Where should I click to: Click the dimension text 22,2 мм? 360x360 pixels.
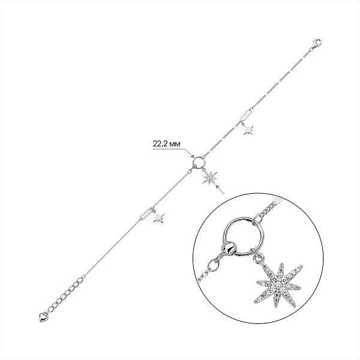click(166, 144)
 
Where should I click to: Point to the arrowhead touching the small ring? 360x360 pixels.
click(192, 156)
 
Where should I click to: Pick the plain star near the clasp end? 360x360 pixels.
click(248, 130)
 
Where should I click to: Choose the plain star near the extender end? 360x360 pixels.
click(159, 218)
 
